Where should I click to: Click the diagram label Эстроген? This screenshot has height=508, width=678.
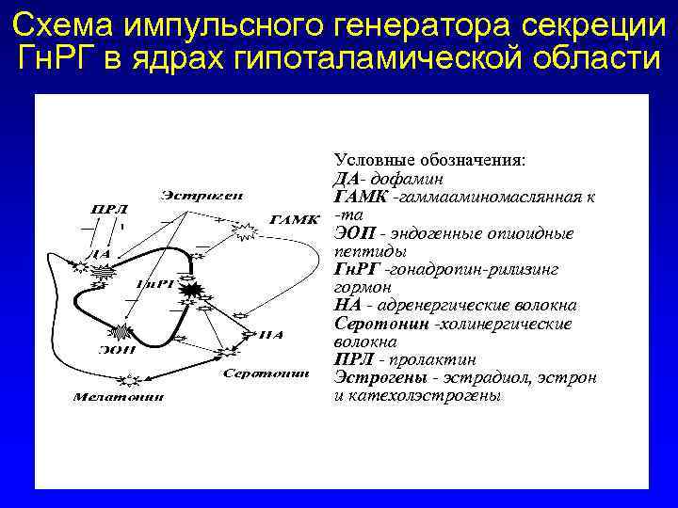point(202,196)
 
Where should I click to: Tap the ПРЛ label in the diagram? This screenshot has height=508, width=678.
point(109,210)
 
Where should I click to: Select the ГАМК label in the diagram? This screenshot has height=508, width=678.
point(295,220)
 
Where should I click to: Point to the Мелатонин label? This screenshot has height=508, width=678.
point(119,396)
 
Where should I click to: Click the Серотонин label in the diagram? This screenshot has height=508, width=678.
point(266,373)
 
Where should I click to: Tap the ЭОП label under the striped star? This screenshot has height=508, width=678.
point(118,350)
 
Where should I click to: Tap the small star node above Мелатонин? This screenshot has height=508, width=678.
point(132,379)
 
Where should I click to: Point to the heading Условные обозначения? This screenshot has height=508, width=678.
point(430,161)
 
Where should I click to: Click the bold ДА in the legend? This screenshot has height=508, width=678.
point(346,179)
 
